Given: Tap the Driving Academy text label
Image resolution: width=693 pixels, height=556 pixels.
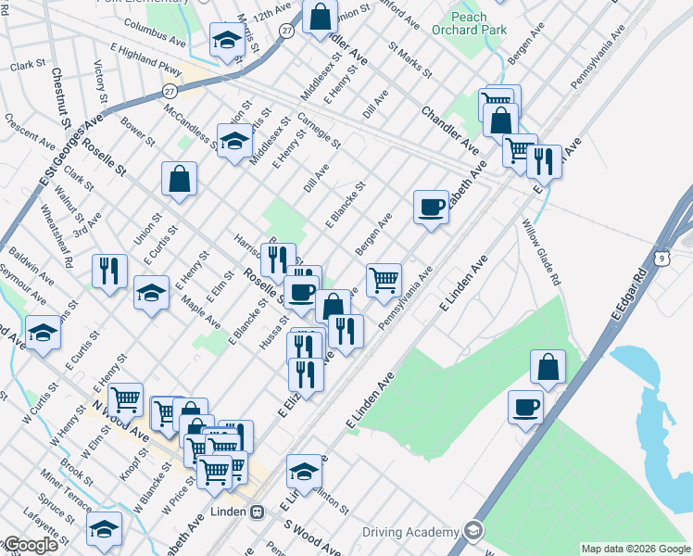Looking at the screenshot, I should tap(410, 532).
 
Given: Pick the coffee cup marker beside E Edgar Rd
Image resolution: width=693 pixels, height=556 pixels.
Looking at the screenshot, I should tap(526, 407).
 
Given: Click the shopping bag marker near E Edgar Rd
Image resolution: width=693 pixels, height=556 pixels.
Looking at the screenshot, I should tap(548, 366).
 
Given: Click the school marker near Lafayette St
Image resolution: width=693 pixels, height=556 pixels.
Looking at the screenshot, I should tap(105, 529).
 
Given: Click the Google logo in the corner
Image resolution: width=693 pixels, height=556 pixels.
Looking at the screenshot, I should tap(30, 545).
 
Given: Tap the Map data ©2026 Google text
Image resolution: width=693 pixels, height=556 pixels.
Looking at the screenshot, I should tap(636, 549).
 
